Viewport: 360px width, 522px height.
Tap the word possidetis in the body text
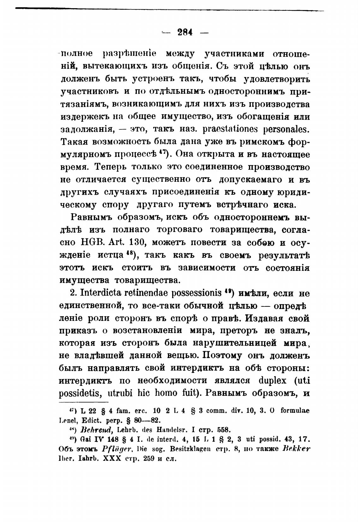[80, 394]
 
